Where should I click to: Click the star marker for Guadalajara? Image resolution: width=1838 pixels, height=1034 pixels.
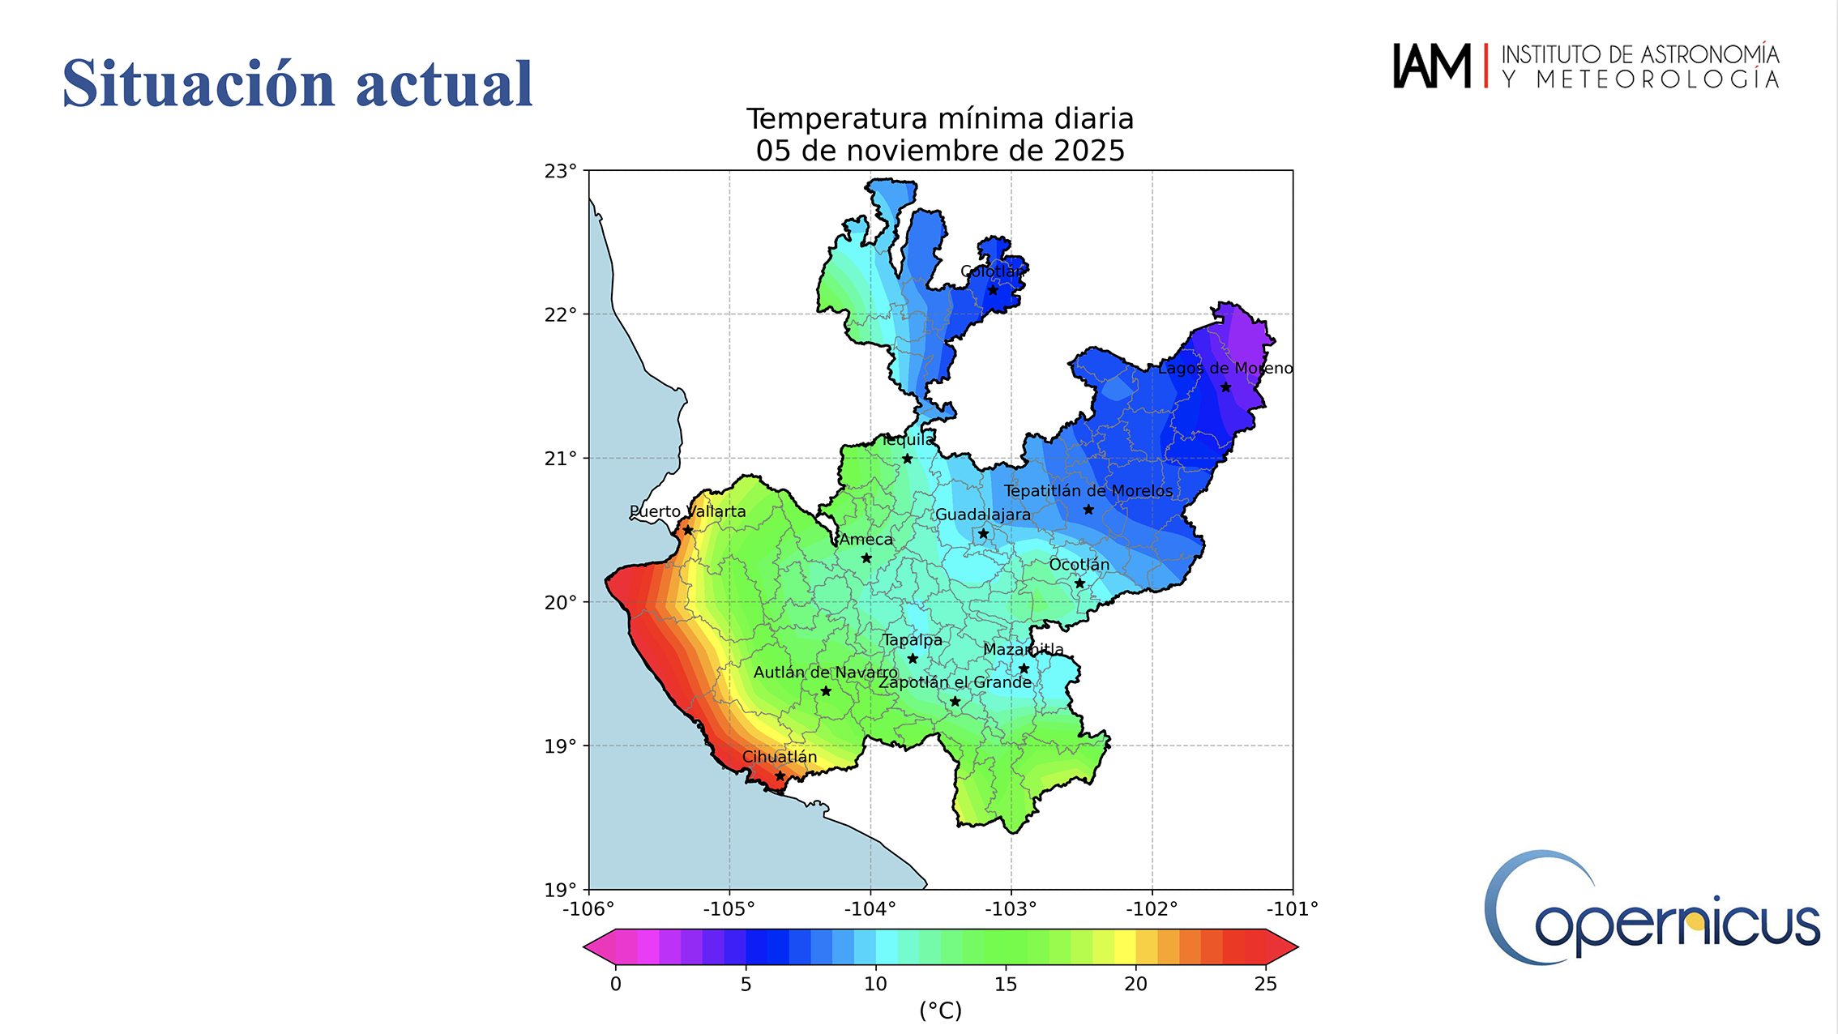(x=983, y=533)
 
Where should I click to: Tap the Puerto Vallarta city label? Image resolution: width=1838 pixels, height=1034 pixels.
(x=687, y=511)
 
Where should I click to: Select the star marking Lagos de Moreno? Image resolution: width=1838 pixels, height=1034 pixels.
(x=1225, y=387)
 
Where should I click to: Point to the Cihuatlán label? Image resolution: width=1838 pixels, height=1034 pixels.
(x=780, y=756)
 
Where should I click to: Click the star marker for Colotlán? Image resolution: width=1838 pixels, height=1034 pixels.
(x=993, y=290)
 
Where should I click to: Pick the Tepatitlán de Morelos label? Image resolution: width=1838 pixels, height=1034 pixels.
(x=1088, y=490)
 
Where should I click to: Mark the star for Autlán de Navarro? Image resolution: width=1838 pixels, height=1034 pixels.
(x=826, y=691)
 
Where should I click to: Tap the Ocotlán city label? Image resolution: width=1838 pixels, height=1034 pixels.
(x=1079, y=564)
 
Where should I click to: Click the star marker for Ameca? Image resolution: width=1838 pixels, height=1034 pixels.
(x=866, y=558)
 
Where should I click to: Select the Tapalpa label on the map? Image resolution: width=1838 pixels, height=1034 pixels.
(x=913, y=639)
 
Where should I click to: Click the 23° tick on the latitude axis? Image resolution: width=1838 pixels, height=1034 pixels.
(x=561, y=171)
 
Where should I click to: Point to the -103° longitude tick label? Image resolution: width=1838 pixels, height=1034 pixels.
(x=1011, y=908)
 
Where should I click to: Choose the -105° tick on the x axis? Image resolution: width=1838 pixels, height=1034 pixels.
(x=729, y=908)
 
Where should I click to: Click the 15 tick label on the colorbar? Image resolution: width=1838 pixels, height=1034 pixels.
(x=1005, y=984)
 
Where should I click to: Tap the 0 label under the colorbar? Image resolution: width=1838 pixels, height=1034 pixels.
(x=616, y=984)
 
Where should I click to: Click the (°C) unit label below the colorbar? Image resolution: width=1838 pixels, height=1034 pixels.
(x=940, y=1010)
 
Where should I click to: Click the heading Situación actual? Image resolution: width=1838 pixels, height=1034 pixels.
(x=297, y=83)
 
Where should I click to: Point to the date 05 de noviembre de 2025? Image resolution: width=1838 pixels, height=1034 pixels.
(x=940, y=151)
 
